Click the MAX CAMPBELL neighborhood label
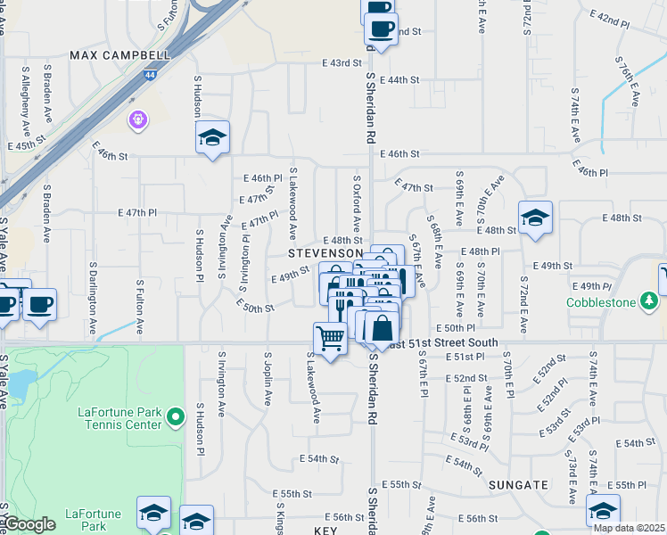pos(119,55)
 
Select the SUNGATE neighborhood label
pos(518,484)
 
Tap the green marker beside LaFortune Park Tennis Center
pos(177,416)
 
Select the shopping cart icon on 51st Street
pos(330,339)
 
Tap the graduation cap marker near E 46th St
pos(212,137)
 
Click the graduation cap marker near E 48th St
pos(534,218)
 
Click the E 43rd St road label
pos(343,63)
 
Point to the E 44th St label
pos(399,79)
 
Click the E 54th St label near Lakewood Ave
pos(320,459)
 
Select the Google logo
pos(29,524)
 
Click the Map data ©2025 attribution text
pos(629,528)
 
